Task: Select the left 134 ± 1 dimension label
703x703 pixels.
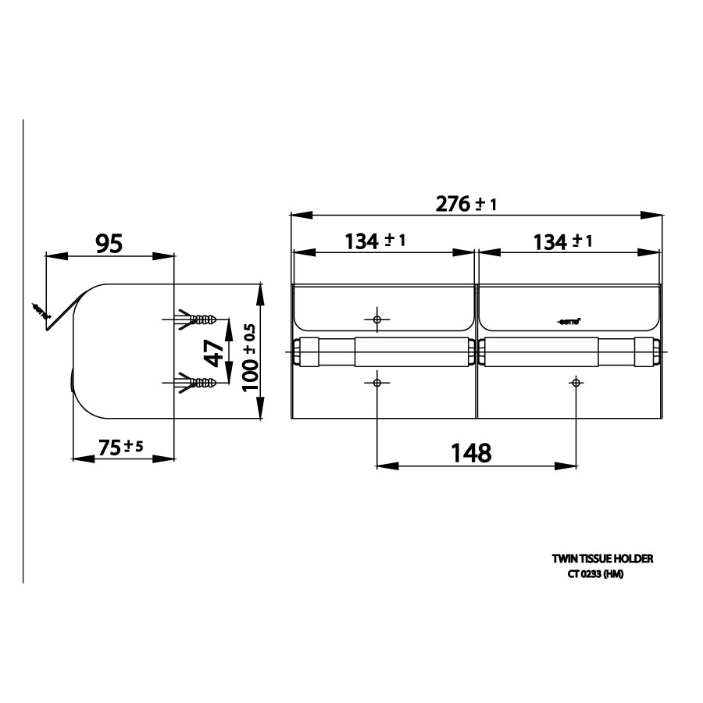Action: tap(375, 241)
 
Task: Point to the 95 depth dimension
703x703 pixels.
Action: tap(109, 244)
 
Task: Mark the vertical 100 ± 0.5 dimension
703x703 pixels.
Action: tap(249, 359)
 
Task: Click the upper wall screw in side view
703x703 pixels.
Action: tap(195, 319)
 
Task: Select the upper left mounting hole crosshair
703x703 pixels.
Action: tap(377, 319)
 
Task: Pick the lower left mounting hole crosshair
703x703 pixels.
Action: tap(377, 383)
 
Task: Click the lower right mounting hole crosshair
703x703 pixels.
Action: tap(576, 383)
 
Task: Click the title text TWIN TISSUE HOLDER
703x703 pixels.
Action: tap(602, 558)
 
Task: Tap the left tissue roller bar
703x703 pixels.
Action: tap(383, 351)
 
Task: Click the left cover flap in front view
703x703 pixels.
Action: tap(383, 306)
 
